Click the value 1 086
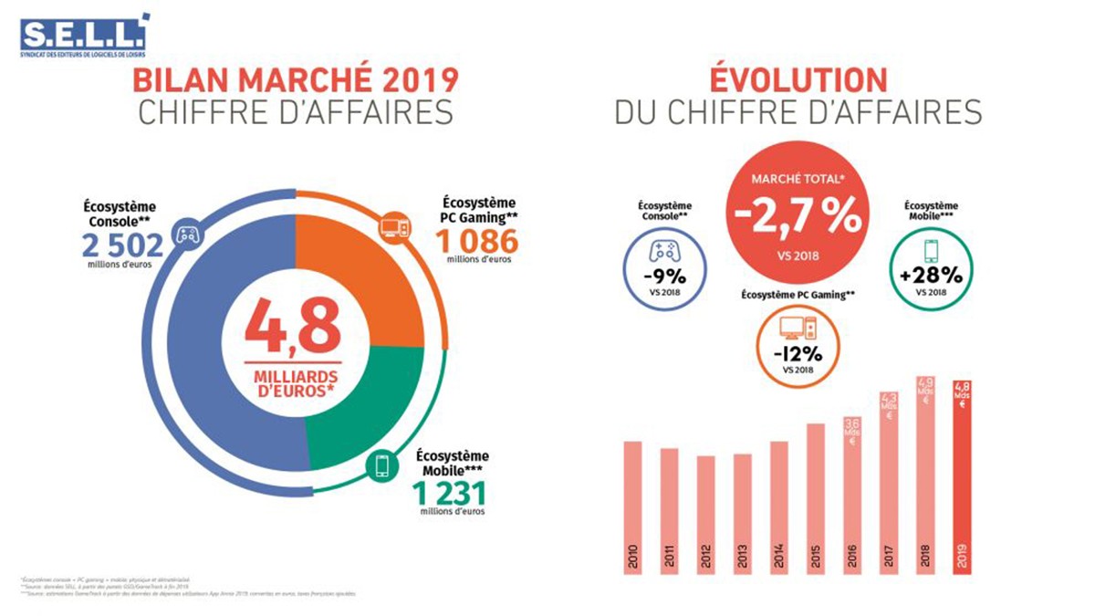[x=476, y=241]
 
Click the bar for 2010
[x=633, y=507]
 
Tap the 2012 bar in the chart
[x=706, y=515]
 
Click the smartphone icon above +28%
[x=930, y=249]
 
